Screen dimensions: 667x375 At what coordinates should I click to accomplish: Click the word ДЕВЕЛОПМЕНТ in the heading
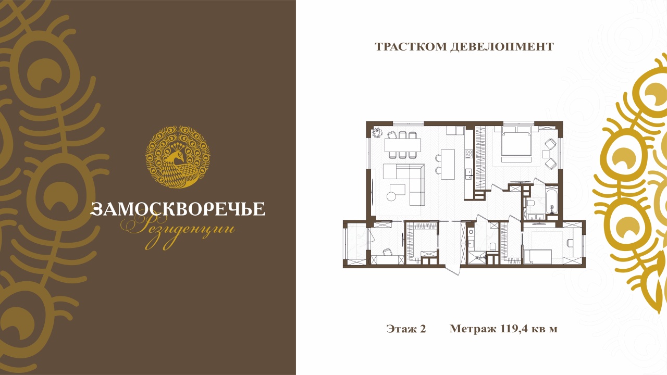pos(502,47)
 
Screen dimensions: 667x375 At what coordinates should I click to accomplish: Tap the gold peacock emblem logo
pos(178,157)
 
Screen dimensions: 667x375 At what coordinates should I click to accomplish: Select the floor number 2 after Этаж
pos(423,329)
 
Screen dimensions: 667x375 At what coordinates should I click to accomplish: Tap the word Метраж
pos(473,329)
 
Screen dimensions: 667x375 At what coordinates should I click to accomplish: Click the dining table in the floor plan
pos(402,145)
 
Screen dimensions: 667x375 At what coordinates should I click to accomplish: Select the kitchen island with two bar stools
pos(448,164)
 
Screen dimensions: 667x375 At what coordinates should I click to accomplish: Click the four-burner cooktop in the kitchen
pos(468,154)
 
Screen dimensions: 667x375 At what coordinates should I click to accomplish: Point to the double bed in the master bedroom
pos(516,144)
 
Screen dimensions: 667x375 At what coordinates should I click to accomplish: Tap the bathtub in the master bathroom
pos(552,201)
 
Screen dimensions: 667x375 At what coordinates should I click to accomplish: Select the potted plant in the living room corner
pos(377,133)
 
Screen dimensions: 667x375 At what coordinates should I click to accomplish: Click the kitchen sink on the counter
pos(468,173)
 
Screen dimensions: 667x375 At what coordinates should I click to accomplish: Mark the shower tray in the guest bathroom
pos(477,258)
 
